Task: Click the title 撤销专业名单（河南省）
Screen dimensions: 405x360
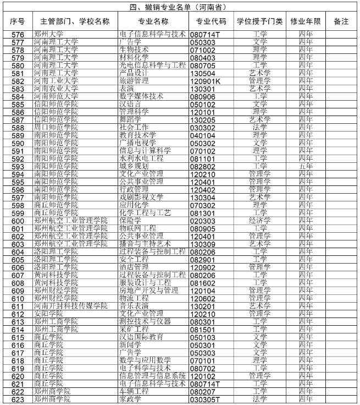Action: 180,7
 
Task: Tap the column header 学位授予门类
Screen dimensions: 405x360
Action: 259,21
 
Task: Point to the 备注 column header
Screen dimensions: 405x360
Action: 341,21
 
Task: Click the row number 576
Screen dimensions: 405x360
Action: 18,34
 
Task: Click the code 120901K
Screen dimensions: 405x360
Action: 205,81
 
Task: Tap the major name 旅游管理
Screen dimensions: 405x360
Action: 134,81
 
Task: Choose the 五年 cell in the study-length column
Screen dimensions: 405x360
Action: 306,166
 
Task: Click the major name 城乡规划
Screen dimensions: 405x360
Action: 134,166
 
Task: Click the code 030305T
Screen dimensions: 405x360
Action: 204,399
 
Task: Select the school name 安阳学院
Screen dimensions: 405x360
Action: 49,314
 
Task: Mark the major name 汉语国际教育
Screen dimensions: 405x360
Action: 141,337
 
